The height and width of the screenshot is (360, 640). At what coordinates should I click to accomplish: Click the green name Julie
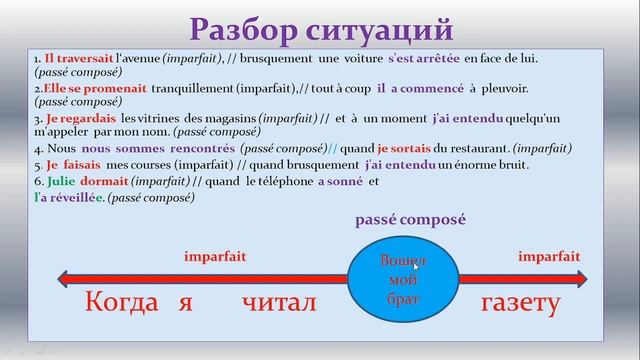click(59, 183)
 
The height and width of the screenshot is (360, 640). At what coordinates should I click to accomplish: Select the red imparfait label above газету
click(549, 256)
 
